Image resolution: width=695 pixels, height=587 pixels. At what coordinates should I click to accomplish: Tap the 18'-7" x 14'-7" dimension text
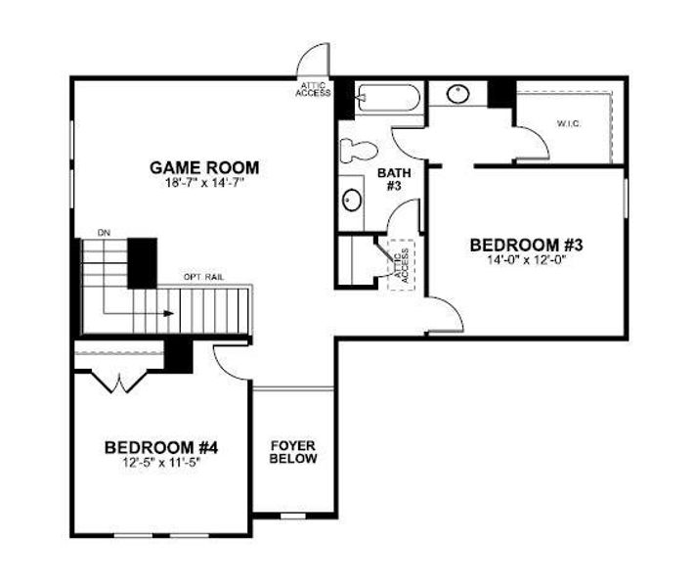(204, 182)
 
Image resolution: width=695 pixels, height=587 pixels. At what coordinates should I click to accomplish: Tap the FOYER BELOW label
(293, 451)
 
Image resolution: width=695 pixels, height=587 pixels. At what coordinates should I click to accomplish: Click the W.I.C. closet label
(569, 123)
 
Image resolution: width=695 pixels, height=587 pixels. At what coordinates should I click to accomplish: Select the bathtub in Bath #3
(387, 98)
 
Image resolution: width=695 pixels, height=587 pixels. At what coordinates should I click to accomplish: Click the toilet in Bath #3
(355, 150)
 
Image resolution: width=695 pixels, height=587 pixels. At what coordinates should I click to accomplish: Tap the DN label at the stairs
(104, 232)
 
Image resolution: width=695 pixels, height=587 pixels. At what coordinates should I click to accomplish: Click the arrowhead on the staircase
(169, 314)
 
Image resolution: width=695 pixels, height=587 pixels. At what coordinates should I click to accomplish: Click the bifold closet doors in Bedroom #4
(115, 379)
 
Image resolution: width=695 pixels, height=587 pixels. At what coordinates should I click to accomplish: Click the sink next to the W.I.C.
(458, 95)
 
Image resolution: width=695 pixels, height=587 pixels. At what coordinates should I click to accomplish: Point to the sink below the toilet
(352, 199)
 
